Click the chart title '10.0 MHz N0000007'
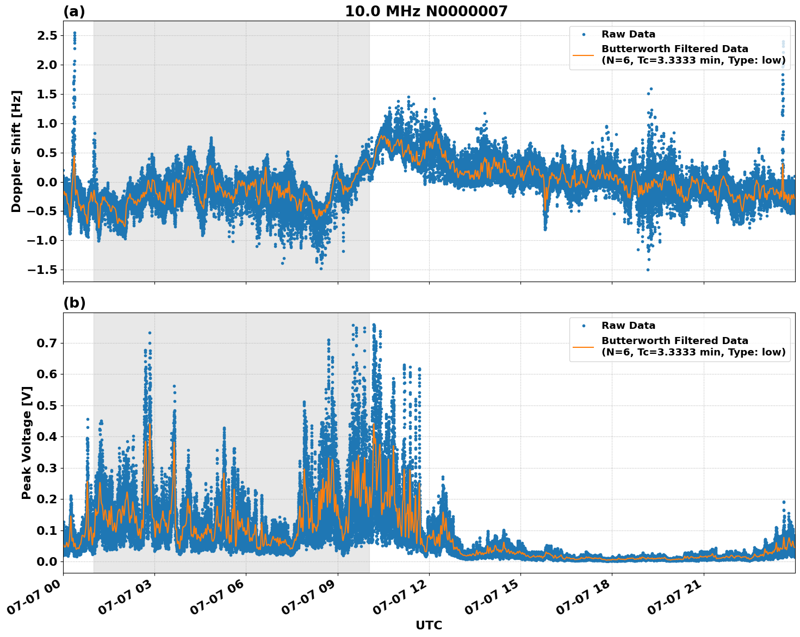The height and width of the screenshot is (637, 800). coord(426,11)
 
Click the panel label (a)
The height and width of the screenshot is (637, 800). coord(74,11)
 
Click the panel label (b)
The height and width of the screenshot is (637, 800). coord(74,303)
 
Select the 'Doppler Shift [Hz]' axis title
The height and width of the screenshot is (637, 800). coord(16,151)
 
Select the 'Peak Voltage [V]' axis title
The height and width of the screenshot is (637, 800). coord(27,442)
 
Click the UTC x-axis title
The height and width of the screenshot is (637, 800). coord(429,626)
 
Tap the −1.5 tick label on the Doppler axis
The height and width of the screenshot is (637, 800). coord(42,270)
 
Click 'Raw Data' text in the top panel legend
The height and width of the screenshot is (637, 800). coord(628,34)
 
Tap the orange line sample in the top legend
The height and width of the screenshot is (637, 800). coord(583,54)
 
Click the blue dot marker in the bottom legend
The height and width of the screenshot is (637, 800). coord(583,326)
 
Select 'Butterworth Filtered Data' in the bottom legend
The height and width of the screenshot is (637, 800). coord(674,341)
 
